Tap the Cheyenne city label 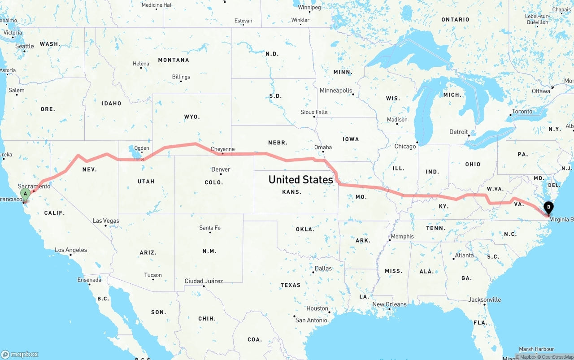[222, 149]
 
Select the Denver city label [221, 169]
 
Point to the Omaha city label [323, 147]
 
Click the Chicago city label [405, 146]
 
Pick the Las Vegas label [106, 221]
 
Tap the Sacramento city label [34, 186]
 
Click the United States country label [300, 179]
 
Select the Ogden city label [142, 148]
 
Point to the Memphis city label [402, 236]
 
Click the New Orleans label [389, 304]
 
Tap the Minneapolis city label [336, 91]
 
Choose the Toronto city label [522, 111]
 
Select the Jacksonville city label [485, 299]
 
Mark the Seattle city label [25, 46]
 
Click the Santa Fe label [210, 228]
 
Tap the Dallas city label [323, 268]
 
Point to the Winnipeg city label [309, 8]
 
